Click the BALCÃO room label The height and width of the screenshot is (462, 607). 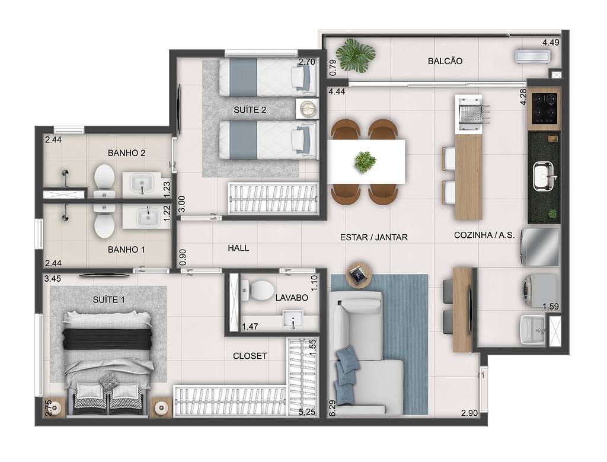point(445,61)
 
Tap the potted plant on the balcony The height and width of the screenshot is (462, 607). point(356,55)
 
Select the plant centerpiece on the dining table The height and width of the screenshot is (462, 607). point(365,161)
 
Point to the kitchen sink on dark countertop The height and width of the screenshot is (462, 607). point(543,176)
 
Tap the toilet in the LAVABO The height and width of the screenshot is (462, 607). point(260,290)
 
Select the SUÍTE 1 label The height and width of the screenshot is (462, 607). point(109,299)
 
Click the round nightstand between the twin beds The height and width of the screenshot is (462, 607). point(307,109)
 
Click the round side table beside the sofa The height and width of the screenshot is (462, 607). point(359,274)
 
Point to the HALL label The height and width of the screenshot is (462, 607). point(238,248)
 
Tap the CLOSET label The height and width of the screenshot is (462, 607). point(250,356)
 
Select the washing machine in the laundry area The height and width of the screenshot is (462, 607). point(540,289)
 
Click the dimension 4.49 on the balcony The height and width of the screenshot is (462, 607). point(551,43)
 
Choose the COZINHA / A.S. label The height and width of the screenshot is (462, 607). point(480,235)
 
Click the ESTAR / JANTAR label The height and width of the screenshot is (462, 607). point(373,237)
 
